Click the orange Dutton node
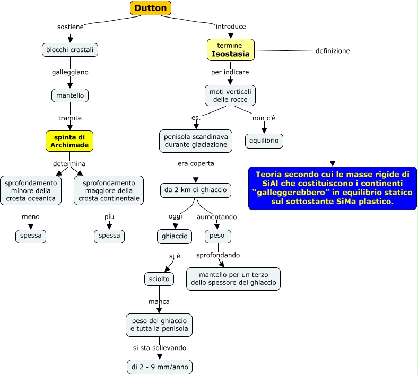coord(151,8)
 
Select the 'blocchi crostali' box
coord(70,49)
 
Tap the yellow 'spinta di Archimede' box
coord(69,141)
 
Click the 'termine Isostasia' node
coord(231,50)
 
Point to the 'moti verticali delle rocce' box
coord(230,95)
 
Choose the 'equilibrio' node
coord(264,141)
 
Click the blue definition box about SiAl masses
coord(333,188)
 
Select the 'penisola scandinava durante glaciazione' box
coord(196,141)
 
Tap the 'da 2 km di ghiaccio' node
coord(196,190)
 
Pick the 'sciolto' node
coord(159,278)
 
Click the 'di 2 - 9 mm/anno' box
coord(160,367)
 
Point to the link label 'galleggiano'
coord(70,72)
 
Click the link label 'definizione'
coord(333,51)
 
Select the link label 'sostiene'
coord(71,27)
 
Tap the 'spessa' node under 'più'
coord(109,236)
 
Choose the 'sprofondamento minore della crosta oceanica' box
coord(31,190)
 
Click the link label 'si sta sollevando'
coord(160,348)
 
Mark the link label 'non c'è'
coord(264,118)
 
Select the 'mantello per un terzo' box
coord(233,278)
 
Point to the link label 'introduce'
coord(231,27)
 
